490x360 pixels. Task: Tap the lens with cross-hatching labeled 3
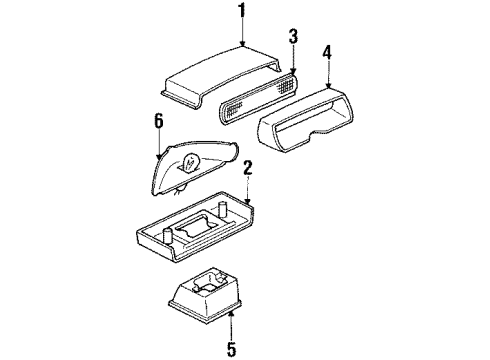coord(258,97)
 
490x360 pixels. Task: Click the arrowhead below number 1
coord(243,44)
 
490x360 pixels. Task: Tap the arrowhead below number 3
coord(293,71)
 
